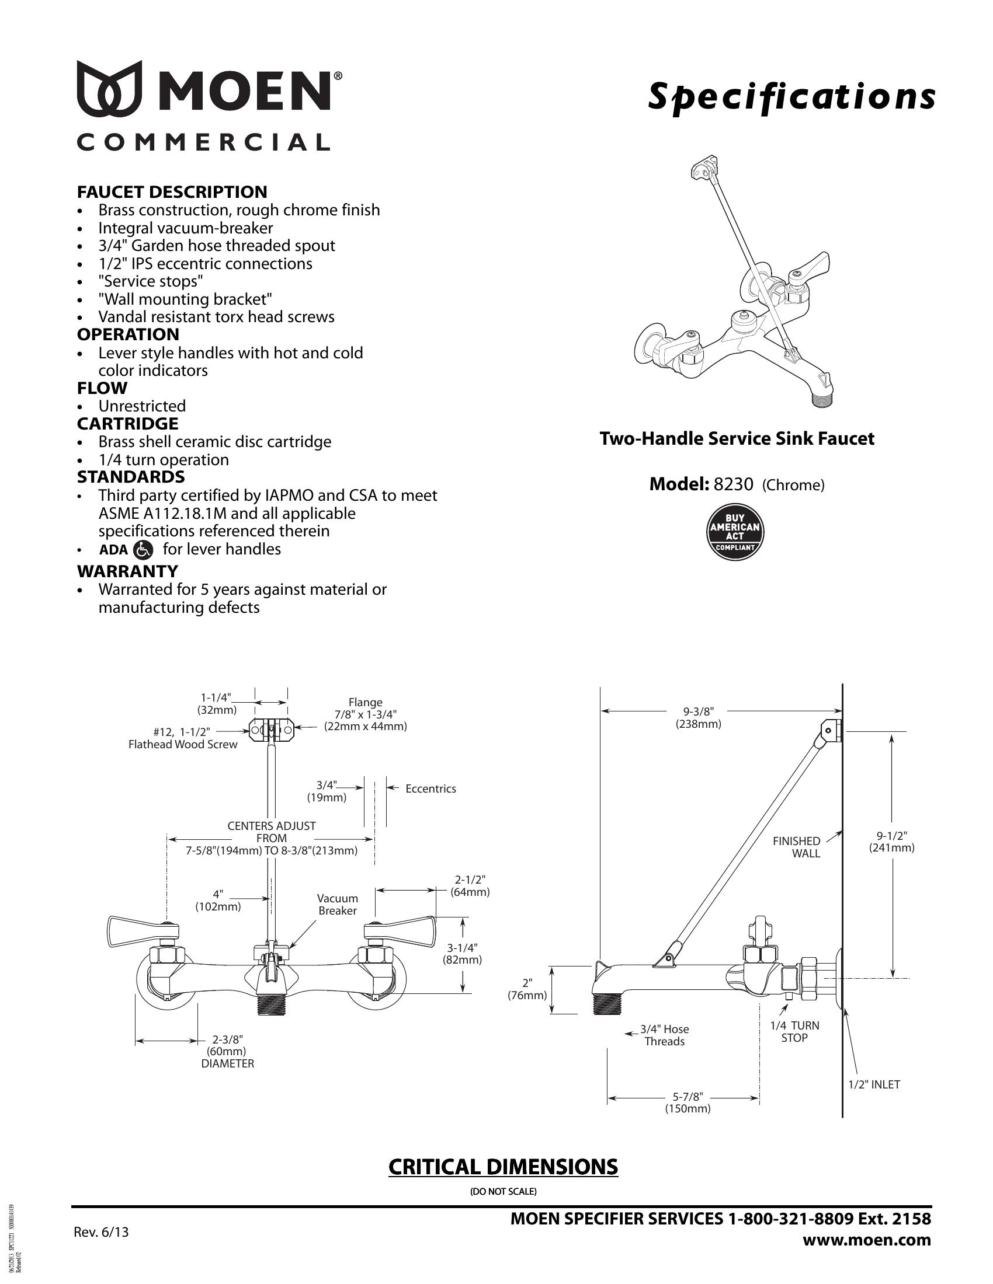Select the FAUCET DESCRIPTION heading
(172, 191)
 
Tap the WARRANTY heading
(127, 571)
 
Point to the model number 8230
(733, 484)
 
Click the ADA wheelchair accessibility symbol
(144, 550)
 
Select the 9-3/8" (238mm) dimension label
(698, 717)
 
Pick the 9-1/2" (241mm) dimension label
(892, 841)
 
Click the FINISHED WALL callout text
(797, 847)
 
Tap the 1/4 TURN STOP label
(794, 1031)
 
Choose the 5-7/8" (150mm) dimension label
(688, 1103)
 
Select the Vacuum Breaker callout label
(337, 904)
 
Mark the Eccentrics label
(430, 789)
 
